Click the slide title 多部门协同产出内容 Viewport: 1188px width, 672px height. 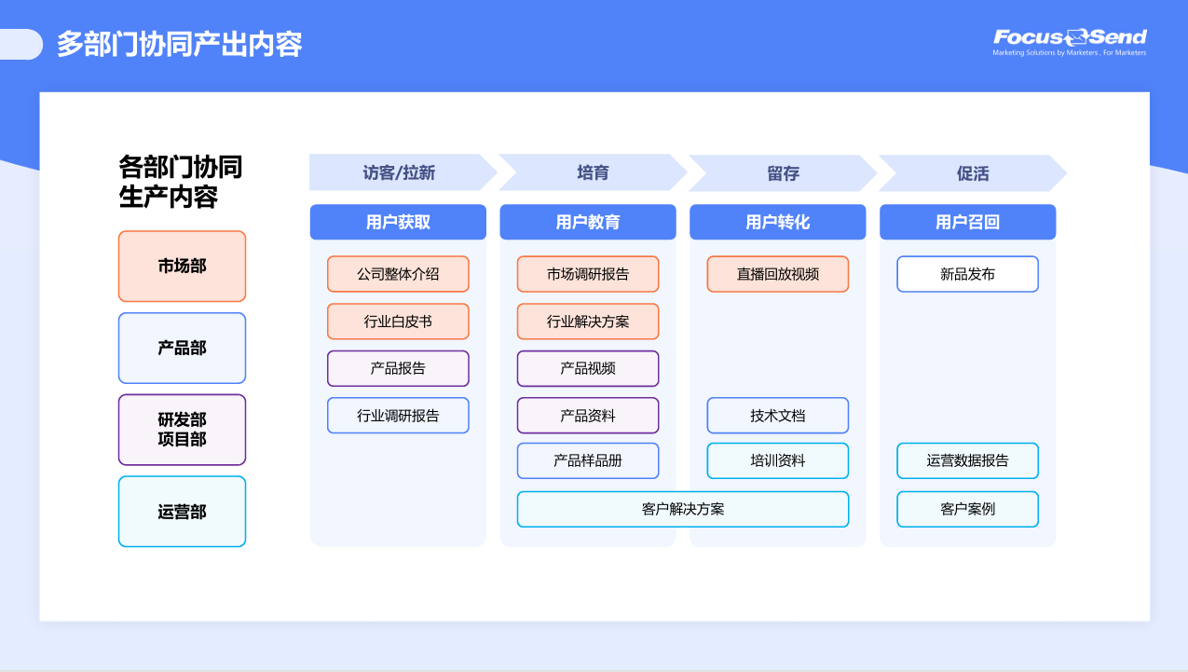(180, 44)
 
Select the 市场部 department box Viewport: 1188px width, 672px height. (182, 267)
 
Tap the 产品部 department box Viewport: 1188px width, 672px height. (182, 349)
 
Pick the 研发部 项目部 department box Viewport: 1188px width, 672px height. (182, 430)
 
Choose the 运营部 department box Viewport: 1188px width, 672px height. (182, 512)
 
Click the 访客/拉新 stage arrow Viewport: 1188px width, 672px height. (400, 173)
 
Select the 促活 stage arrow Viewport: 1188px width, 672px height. (972, 173)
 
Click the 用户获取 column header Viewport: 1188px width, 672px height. (398, 223)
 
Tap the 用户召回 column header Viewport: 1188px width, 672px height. (967, 223)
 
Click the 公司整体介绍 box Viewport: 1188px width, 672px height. (398, 275)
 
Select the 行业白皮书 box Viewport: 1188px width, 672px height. (398, 322)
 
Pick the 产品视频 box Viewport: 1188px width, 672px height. (588, 369)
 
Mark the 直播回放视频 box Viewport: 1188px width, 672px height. (778, 275)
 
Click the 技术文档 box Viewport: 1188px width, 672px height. (778, 416)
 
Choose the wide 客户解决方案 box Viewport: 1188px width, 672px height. (683, 510)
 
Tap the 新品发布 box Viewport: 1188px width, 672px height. (967, 275)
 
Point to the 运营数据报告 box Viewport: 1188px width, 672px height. (967, 461)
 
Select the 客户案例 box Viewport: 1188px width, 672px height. (967, 510)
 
